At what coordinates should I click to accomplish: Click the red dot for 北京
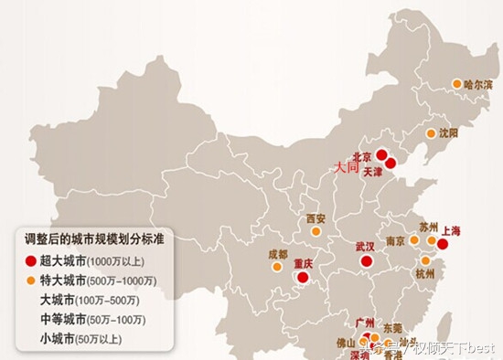(381, 155)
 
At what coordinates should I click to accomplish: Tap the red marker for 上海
(443, 244)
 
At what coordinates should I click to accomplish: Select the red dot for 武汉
(366, 261)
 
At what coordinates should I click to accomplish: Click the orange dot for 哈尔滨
(457, 84)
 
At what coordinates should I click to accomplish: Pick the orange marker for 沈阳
(432, 132)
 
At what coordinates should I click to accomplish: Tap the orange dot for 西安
(316, 231)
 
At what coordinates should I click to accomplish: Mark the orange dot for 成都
(276, 267)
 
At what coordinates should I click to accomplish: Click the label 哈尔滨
(478, 84)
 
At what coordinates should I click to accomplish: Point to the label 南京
(395, 241)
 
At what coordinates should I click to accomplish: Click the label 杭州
(426, 273)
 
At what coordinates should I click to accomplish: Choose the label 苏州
(429, 226)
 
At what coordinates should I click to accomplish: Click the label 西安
(316, 218)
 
